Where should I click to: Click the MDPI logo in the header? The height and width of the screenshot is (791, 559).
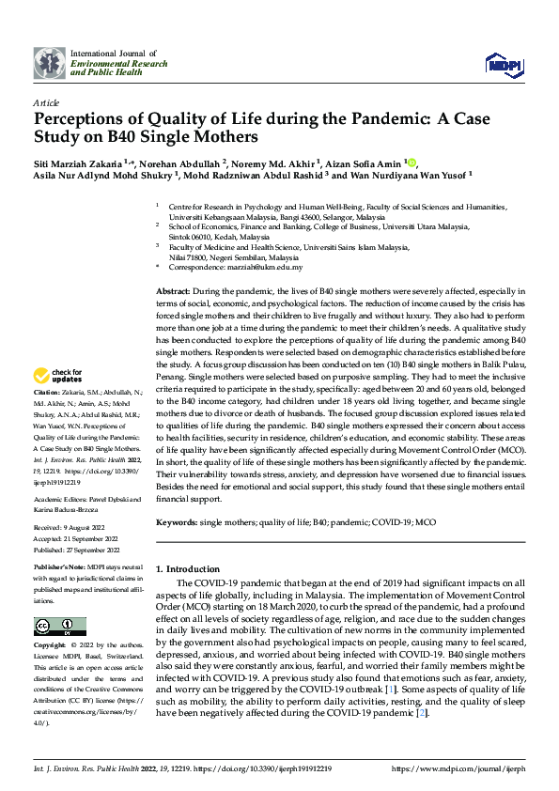pyautogui.click(x=501, y=63)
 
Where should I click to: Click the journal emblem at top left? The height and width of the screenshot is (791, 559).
pyautogui.click(x=49, y=63)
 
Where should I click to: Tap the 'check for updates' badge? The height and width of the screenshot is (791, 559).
pyautogui.click(x=58, y=374)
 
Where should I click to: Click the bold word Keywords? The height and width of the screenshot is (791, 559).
pyautogui.click(x=177, y=520)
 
